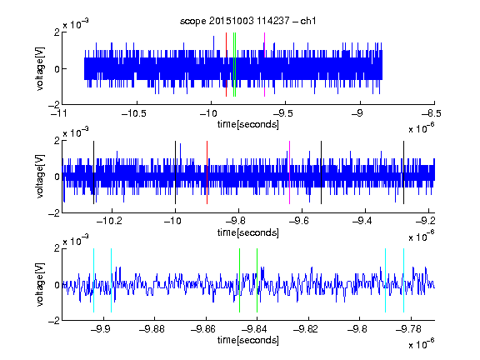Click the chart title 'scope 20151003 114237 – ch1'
pyautogui.click(x=248, y=21)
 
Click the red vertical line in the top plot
pyautogui.click(x=226, y=65)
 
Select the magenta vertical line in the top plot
pyautogui.click(x=264, y=65)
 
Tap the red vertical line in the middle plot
pyautogui.click(x=207, y=172)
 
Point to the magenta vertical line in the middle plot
pyautogui.click(x=290, y=172)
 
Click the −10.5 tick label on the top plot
pyautogui.click(x=134, y=113)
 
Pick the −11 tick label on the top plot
pyautogui.click(x=60, y=113)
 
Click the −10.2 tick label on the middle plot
pyautogui.click(x=109, y=221)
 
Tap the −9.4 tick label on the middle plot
pyautogui.click(x=362, y=221)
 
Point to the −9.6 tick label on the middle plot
pyautogui.click(x=299, y=221)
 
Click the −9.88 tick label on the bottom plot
pyautogui.click(x=152, y=329)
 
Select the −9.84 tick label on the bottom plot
pyautogui.click(x=254, y=329)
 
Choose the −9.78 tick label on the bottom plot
pyautogui.click(x=408, y=329)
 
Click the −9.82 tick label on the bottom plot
pyautogui.click(x=306, y=329)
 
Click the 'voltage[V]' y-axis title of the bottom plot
pyautogui.click(x=40, y=284)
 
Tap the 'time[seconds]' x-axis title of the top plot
pyautogui.click(x=248, y=124)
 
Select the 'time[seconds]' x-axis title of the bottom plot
pyautogui.click(x=248, y=340)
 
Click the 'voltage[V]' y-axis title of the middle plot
pyautogui.click(x=40, y=177)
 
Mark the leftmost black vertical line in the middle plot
pyautogui.click(x=94, y=172)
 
